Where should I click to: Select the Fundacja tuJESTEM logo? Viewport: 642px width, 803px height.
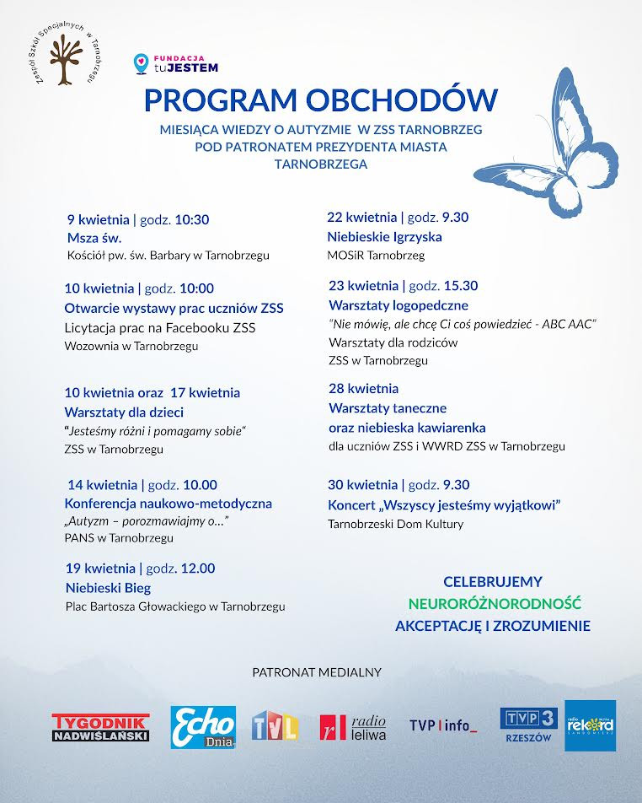(x=177, y=63)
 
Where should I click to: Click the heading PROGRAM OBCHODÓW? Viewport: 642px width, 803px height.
(x=320, y=100)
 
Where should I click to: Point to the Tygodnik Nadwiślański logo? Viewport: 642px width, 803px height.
(x=100, y=728)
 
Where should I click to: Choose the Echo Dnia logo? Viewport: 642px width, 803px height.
(x=203, y=727)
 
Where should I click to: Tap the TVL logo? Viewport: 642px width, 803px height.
(x=275, y=726)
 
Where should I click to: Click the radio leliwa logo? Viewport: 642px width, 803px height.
(x=352, y=726)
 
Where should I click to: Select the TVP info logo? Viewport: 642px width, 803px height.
(x=443, y=726)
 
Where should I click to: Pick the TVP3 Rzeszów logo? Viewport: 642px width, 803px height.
(x=528, y=725)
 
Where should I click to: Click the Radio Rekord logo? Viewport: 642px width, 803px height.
(x=590, y=725)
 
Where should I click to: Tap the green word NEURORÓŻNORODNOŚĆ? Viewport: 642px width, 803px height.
(x=495, y=604)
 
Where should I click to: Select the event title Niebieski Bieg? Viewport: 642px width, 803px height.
(x=108, y=587)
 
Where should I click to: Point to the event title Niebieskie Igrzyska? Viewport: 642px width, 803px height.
(x=384, y=237)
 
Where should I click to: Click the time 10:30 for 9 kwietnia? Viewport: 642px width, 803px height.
(x=192, y=219)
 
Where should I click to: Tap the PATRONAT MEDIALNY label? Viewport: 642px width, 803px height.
(x=317, y=672)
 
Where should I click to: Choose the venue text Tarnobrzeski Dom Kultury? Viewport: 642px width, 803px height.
(x=396, y=524)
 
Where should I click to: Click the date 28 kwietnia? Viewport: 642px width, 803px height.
(x=364, y=389)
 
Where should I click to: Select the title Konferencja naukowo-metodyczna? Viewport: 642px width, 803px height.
(x=169, y=504)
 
